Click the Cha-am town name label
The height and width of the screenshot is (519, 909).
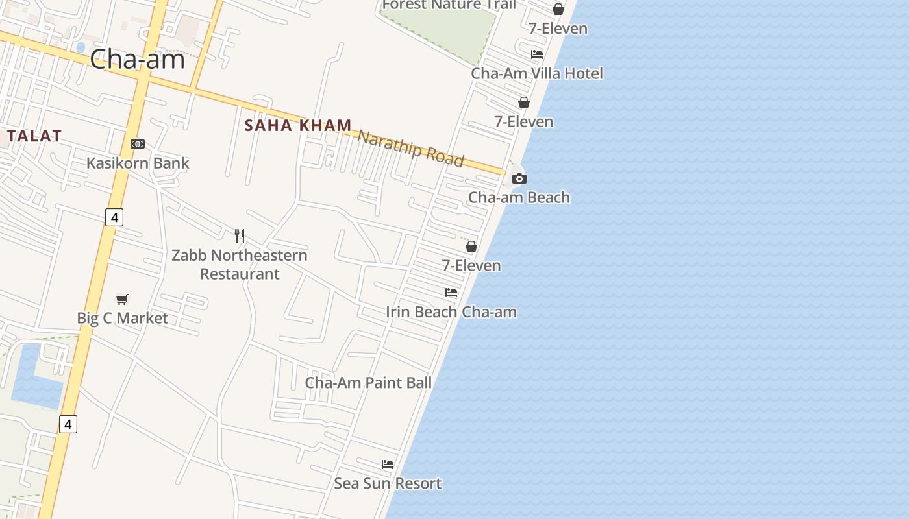[137, 60]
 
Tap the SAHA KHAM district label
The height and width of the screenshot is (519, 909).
[298, 125]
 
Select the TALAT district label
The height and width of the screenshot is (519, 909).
[35, 136]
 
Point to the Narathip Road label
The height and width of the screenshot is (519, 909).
[411, 148]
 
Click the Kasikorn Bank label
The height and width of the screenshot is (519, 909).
[138, 163]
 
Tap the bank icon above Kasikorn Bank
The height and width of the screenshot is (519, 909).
[137, 144]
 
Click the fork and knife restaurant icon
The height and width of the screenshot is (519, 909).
[240, 235]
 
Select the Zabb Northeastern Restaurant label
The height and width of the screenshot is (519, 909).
[240, 264]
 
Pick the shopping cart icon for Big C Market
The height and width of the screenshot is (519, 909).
[122, 299]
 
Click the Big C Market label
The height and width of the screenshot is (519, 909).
[122, 318]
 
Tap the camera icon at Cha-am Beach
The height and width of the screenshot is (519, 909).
[519, 178]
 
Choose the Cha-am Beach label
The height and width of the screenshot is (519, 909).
[519, 197]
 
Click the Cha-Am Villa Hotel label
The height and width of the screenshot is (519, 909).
[537, 73]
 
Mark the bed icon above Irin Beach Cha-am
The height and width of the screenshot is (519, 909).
[451, 293]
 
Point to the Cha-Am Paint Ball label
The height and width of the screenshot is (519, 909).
[368, 383]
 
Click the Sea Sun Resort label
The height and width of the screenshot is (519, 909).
[388, 483]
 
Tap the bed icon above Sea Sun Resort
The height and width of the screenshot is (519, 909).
[388, 465]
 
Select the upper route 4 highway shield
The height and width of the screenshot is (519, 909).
[114, 217]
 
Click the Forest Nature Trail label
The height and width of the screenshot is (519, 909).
[449, 5]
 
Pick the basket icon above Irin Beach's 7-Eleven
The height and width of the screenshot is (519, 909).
[471, 247]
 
